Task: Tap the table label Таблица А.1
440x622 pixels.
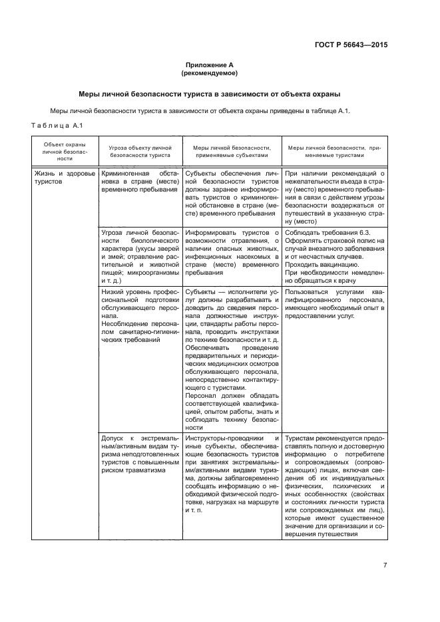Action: click(56, 125)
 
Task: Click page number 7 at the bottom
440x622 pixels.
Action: click(385, 565)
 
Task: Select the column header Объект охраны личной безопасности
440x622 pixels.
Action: click(65, 150)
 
